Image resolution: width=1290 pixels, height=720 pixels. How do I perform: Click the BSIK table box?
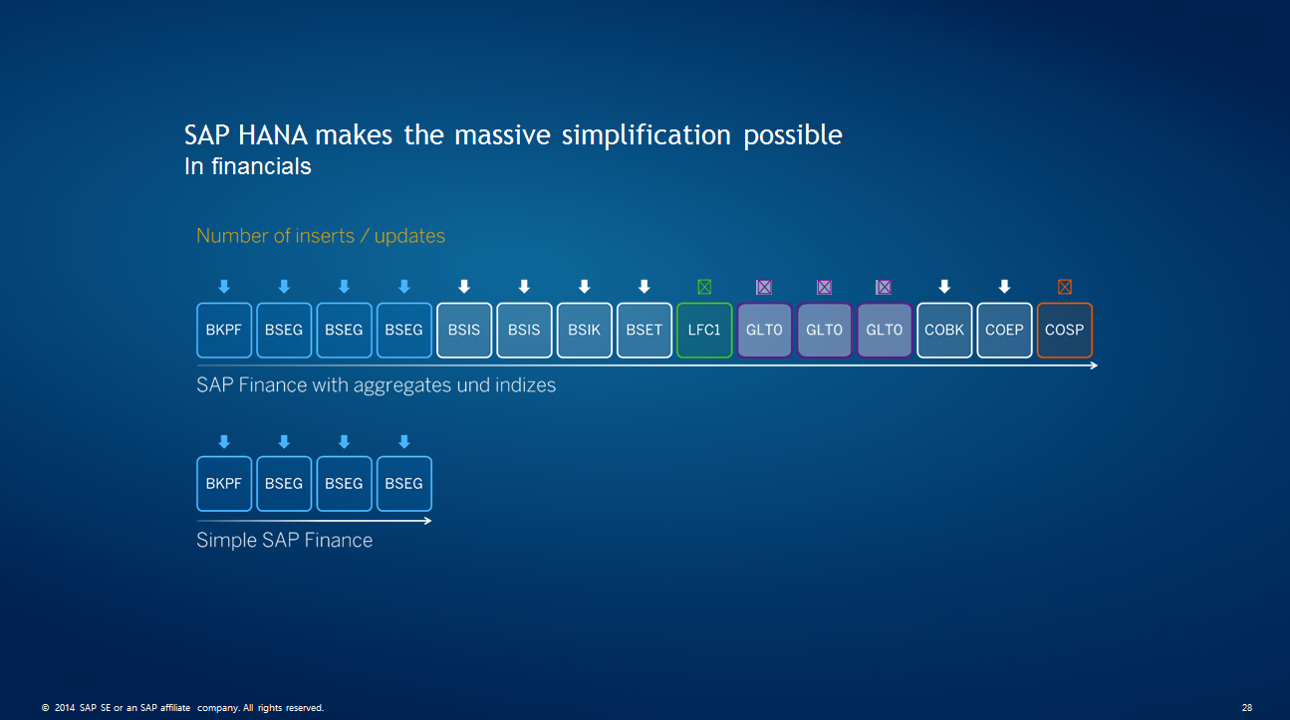584,330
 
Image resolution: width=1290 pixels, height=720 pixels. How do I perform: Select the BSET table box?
644,330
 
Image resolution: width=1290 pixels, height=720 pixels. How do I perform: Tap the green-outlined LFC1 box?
704,330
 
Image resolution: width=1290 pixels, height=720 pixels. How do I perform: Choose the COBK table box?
944,330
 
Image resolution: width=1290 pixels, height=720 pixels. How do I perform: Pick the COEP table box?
1004,330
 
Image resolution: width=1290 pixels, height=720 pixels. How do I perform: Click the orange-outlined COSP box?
1064,330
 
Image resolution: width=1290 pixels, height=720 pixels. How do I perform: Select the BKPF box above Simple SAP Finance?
224,483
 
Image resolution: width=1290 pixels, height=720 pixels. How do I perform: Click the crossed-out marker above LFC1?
704,287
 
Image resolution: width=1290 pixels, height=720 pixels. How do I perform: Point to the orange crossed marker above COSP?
1064,287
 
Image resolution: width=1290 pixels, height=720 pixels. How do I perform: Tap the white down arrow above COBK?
944,287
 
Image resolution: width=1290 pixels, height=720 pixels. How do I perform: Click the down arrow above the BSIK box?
584,287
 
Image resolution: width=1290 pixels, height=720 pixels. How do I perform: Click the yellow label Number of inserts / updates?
321,236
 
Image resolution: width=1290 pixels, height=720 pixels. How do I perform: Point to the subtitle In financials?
248,167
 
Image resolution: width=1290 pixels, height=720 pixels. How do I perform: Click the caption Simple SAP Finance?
285,541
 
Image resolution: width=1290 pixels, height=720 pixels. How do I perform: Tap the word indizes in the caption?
522,385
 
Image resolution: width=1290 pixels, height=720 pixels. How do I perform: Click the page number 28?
1247,708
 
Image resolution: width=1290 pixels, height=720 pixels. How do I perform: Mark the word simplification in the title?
647,135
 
